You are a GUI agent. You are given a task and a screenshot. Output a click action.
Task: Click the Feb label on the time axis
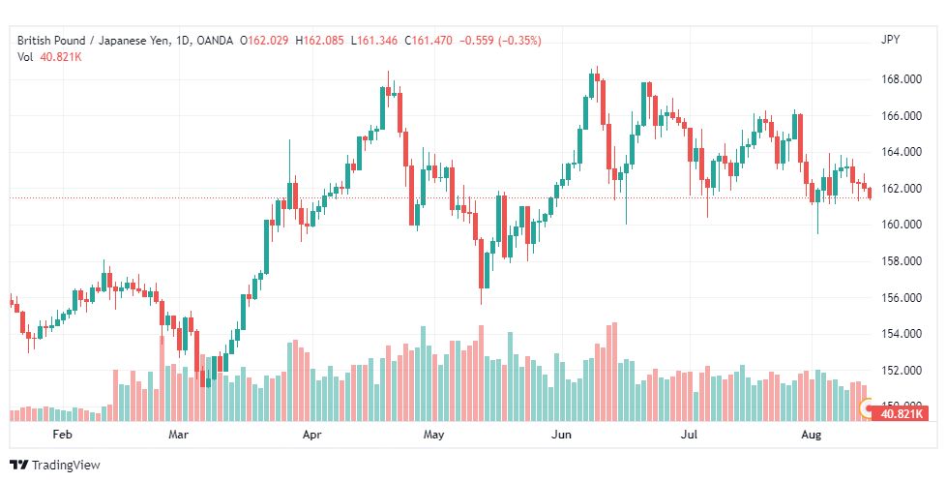click(x=63, y=436)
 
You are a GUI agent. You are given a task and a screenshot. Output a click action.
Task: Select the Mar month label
click(x=178, y=436)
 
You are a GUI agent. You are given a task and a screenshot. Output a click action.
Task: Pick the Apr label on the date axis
click(x=311, y=436)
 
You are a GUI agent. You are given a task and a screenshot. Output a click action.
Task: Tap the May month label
click(x=432, y=436)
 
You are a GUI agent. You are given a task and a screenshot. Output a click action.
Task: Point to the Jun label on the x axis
click(x=560, y=436)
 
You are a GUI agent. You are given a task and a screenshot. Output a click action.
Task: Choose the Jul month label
click(x=688, y=436)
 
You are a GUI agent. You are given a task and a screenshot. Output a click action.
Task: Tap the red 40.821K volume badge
click(x=900, y=413)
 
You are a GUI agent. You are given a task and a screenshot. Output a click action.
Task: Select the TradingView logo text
click(x=66, y=466)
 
